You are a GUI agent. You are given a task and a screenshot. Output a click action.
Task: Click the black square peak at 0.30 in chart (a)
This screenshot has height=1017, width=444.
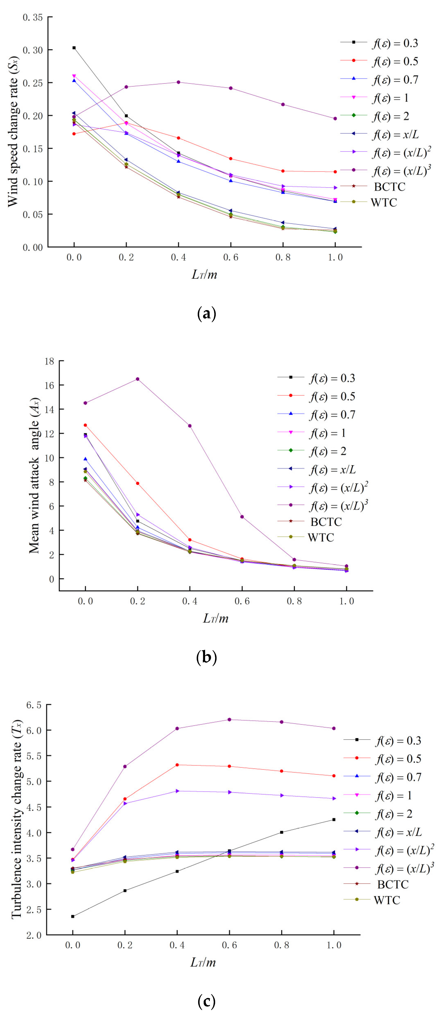coord(74,48)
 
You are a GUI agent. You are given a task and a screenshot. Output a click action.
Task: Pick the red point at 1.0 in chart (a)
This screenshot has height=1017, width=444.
coord(335,172)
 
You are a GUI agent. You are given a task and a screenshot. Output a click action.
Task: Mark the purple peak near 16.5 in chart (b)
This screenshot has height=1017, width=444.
coord(137,379)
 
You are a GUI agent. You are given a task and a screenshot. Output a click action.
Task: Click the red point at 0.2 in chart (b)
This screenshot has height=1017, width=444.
coord(137,483)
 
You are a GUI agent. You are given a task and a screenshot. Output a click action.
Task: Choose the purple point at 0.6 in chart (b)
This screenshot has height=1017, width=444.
coord(242,517)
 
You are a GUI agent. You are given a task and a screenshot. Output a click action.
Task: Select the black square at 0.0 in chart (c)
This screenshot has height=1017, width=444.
coord(73,916)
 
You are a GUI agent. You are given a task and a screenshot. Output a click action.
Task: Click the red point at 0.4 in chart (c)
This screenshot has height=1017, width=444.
coord(177,765)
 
